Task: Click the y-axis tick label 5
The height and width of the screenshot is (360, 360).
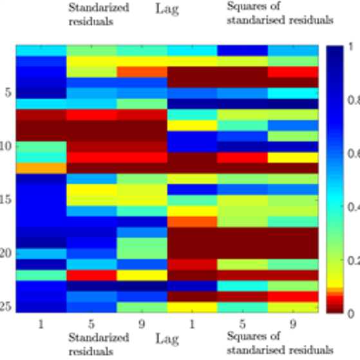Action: (x=8, y=92)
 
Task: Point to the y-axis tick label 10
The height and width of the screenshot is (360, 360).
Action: (x=6, y=146)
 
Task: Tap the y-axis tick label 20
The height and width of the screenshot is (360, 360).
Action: (x=6, y=253)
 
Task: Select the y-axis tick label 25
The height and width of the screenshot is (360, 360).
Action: (x=6, y=307)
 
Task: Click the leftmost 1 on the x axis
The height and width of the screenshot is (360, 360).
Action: (x=41, y=324)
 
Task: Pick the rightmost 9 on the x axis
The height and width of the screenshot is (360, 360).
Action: (x=293, y=324)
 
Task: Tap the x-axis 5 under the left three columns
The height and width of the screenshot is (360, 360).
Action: (x=91, y=324)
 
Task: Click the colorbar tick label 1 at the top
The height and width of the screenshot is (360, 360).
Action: (x=350, y=47)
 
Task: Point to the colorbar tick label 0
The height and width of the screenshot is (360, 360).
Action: (x=351, y=314)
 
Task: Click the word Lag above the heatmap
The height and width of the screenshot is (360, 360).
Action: (x=167, y=10)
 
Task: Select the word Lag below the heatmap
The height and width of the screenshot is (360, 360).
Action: (x=167, y=339)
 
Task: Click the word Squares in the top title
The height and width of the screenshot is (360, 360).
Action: (x=247, y=6)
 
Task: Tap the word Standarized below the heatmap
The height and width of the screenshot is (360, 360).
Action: (x=99, y=337)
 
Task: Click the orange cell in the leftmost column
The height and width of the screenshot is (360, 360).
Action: (x=41, y=168)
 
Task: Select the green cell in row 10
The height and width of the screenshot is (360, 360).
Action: (x=41, y=147)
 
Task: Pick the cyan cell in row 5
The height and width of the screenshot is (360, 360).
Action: (x=293, y=93)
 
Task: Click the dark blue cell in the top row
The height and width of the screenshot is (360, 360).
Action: (x=242, y=51)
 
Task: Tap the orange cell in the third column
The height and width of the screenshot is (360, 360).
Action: (x=142, y=72)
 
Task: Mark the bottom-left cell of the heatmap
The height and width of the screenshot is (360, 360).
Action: (x=41, y=307)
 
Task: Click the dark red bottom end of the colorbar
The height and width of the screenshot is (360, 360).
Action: (x=335, y=310)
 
